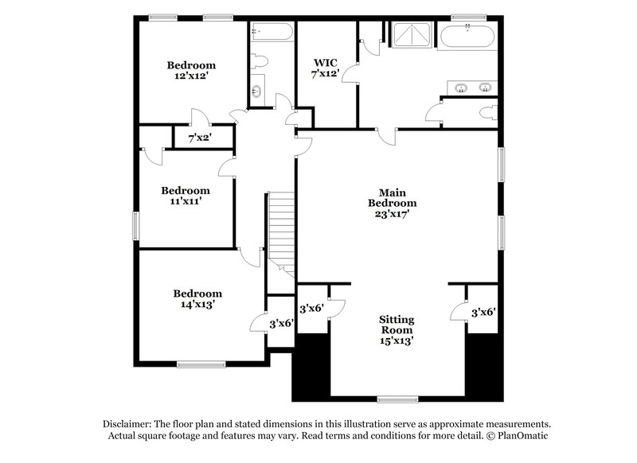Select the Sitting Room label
click(396, 324)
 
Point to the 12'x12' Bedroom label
click(191, 65)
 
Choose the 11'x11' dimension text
click(186, 201)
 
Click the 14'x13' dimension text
click(197, 304)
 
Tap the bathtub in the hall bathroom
click(271, 33)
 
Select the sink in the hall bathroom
click(257, 91)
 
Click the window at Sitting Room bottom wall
click(397, 399)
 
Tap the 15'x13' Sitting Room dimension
click(396, 340)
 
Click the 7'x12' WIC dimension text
click(326, 74)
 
